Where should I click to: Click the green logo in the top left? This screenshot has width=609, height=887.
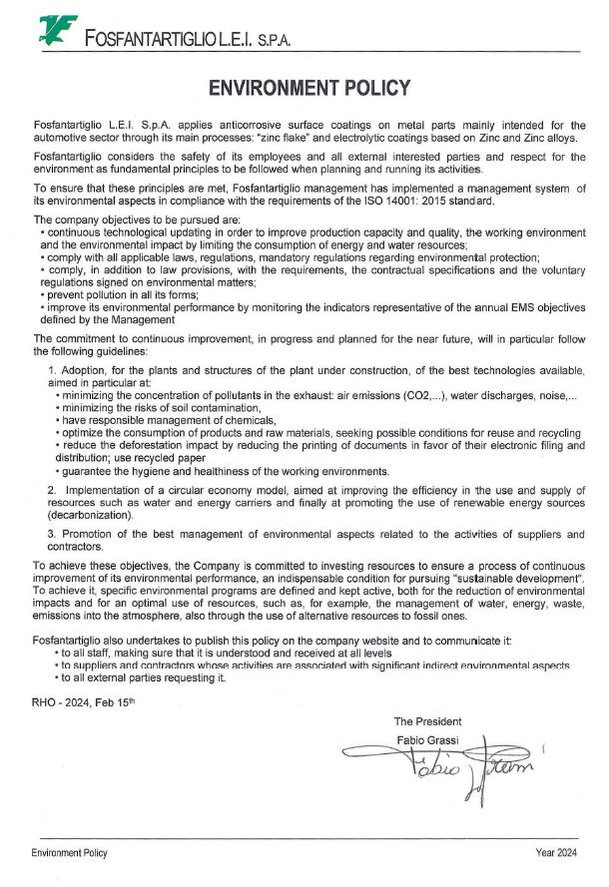tap(58, 31)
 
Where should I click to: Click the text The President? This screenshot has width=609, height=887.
tap(428, 720)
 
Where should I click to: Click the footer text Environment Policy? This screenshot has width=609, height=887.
tap(69, 853)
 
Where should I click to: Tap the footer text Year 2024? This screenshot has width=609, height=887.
tap(556, 853)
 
